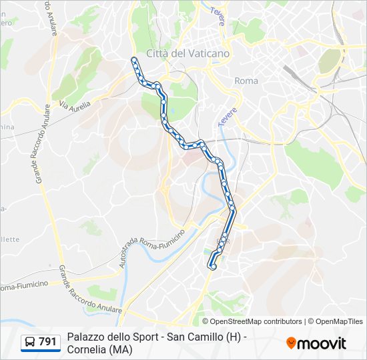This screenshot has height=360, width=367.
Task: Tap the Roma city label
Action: tap(246, 81)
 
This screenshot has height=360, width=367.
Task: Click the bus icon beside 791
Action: tap(30, 343)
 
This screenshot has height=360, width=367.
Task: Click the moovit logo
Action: tap(316, 343)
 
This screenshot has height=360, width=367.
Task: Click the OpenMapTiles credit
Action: tap(335, 321)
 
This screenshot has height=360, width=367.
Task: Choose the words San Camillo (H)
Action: tap(204, 337)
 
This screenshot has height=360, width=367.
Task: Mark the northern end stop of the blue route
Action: tap(134, 60)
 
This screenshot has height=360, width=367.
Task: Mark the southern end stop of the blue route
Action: tap(213, 267)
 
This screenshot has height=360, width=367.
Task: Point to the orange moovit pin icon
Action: tap(291, 343)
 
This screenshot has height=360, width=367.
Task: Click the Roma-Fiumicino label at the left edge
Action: tap(24, 286)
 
